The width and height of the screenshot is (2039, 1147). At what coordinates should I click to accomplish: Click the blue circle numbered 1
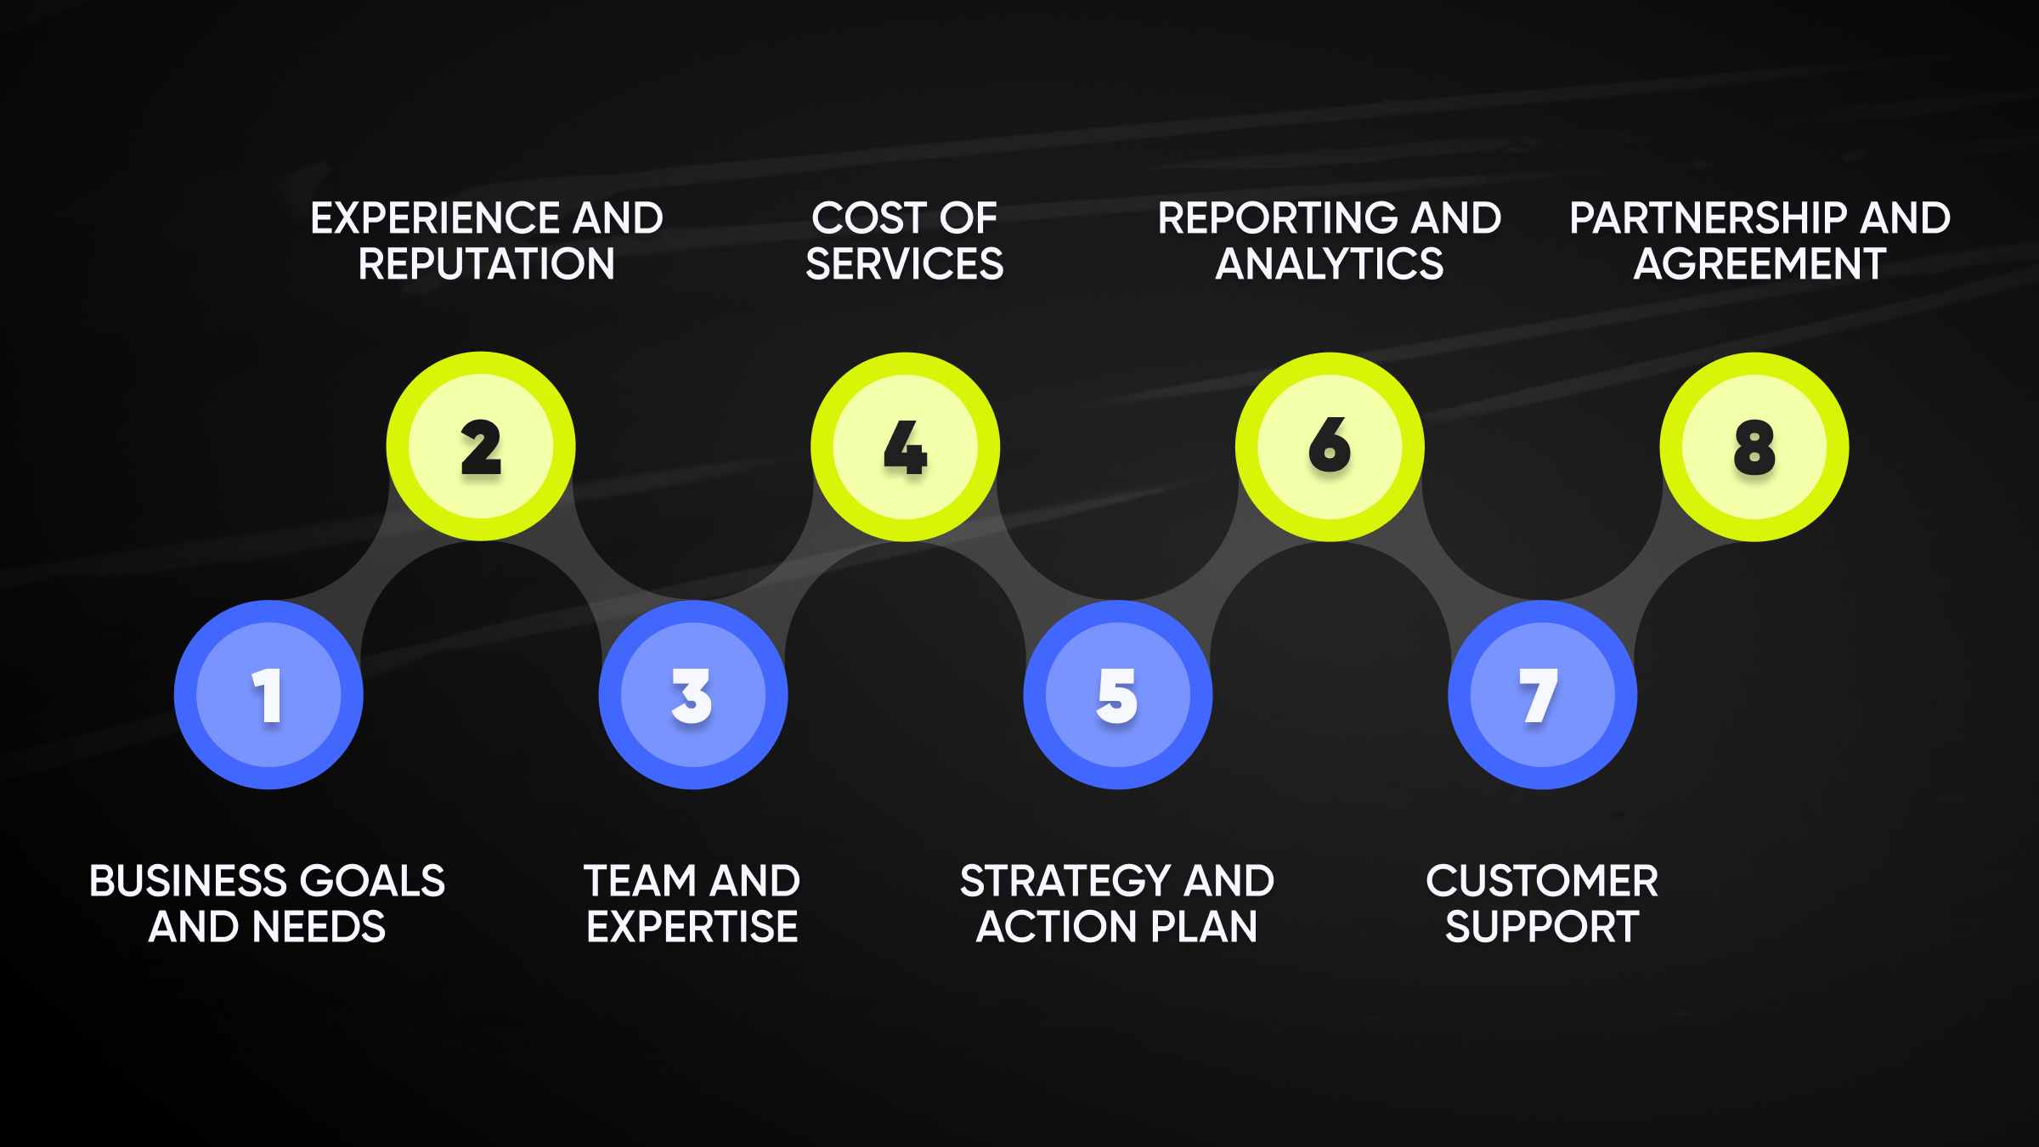point(268,695)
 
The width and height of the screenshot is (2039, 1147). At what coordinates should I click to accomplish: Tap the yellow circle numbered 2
point(481,447)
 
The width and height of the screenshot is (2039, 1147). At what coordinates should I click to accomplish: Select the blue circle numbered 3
point(693,695)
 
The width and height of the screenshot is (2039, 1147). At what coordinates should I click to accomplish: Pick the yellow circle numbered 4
point(906,447)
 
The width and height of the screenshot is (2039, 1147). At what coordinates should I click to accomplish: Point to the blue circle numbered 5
point(1118,695)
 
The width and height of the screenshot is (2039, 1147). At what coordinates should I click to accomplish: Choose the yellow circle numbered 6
point(1330,447)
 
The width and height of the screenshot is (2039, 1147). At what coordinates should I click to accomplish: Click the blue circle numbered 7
point(1542,695)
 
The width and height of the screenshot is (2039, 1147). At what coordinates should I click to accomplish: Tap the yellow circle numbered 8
point(1754,447)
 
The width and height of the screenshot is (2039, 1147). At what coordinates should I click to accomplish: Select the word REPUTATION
point(486,264)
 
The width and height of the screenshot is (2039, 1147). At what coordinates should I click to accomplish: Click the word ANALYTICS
point(1330,264)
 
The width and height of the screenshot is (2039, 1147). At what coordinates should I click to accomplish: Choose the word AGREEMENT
point(1759,264)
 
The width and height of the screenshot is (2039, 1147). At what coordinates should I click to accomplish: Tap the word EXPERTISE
point(692,927)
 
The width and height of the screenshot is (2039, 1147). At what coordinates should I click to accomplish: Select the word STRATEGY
point(1064,881)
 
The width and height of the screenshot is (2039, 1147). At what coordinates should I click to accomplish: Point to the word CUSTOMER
point(1542,881)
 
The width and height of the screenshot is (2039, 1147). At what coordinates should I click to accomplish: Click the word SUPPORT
point(1542,927)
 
